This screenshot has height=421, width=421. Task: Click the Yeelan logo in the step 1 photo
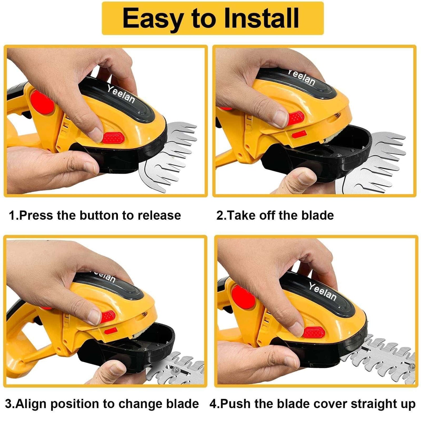[x=121, y=94]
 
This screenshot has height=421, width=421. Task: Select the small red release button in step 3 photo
[x=108, y=317]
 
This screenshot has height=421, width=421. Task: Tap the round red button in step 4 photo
[x=243, y=298]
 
